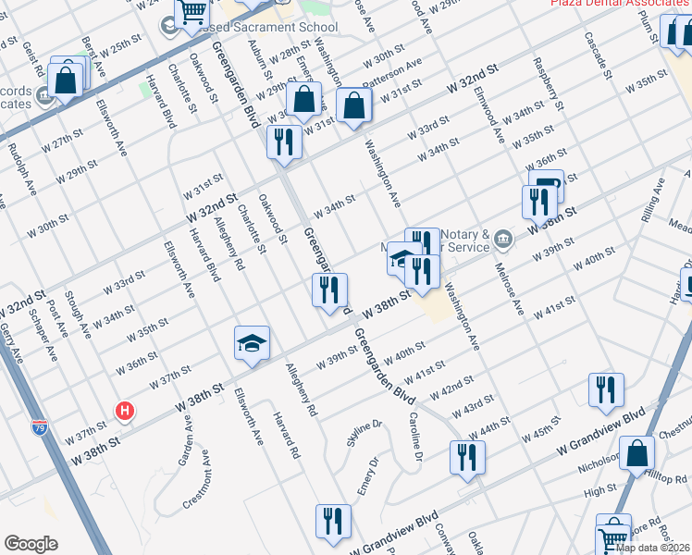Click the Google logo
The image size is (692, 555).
pyautogui.click(x=31, y=544)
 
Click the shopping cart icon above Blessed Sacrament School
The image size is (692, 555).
pyautogui.click(x=192, y=12)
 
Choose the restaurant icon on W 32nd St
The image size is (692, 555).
pyautogui.click(x=283, y=142)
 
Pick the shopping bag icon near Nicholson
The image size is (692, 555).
pyautogui.click(x=636, y=453)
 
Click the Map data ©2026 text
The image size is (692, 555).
pyautogui.click(x=651, y=548)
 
